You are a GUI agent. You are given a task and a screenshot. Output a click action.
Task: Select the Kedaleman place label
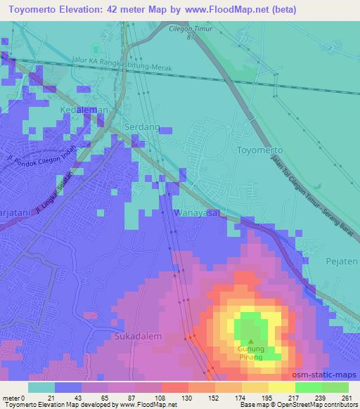[x=84, y=110]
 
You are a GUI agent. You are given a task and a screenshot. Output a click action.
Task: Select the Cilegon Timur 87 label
[x=191, y=33]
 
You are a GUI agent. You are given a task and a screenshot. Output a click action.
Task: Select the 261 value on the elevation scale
[x=347, y=398]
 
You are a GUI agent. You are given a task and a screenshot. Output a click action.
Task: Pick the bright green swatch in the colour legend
[x=308, y=387]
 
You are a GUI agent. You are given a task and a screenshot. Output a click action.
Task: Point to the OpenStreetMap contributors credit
[x=317, y=405]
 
